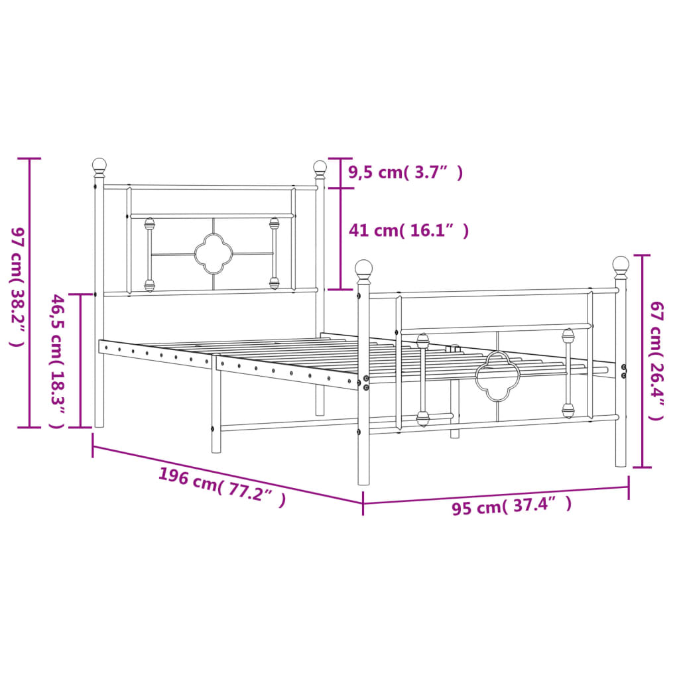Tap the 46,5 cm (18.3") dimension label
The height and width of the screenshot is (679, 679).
pyautogui.click(x=58, y=361)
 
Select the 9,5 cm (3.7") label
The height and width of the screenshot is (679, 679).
pyautogui.click(x=405, y=173)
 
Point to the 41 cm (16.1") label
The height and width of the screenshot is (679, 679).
pyautogui.click(x=408, y=231)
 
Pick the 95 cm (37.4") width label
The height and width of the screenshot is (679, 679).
pyautogui.click(x=511, y=507)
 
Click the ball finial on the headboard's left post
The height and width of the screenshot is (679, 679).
pyautogui.click(x=99, y=165)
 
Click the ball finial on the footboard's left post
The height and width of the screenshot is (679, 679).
pyautogui.click(x=363, y=269)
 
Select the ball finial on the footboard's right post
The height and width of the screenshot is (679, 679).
pyautogui.click(x=621, y=265)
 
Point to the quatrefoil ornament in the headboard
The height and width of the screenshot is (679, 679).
pyautogui.click(x=212, y=253)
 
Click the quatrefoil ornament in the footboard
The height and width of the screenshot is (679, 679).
pyautogui.click(x=497, y=376)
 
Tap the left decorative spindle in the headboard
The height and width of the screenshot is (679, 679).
pyautogui.click(x=150, y=255)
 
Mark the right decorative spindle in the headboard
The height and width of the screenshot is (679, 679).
pyautogui.click(x=274, y=253)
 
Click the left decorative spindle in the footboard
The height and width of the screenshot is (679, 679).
pyautogui.click(x=422, y=379)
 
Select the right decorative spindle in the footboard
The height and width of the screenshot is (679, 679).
pyautogui.click(x=568, y=373)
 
